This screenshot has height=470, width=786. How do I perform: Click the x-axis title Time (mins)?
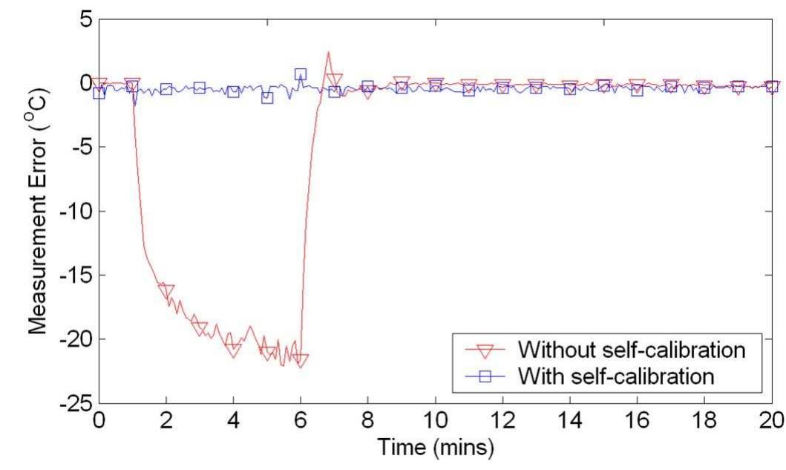[x=435, y=448]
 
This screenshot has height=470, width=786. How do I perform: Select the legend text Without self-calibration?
[x=631, y=347]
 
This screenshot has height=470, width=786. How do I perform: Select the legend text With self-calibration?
[x=617, y=376]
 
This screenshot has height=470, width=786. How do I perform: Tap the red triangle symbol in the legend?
[x=486, y=348]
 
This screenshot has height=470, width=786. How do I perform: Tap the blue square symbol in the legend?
[x=486, y=376]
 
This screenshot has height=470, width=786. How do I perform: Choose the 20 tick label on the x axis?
[x=772, y=420]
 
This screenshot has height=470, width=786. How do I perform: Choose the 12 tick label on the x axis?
[x=502, y=420]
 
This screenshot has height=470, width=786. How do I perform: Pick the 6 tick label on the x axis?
[x=301, y=420]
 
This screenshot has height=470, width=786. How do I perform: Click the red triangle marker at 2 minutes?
[x=166, y=290]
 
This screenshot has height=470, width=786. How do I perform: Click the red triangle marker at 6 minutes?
[x=301, y=360]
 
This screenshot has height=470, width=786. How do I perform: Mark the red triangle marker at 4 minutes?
[x=233, y=347]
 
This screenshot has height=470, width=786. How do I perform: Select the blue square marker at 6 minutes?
[x=301, y=74]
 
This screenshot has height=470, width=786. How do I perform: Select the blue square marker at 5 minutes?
[x=267, y=97]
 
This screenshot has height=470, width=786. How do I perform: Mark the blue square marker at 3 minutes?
[x=200, y=88]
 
